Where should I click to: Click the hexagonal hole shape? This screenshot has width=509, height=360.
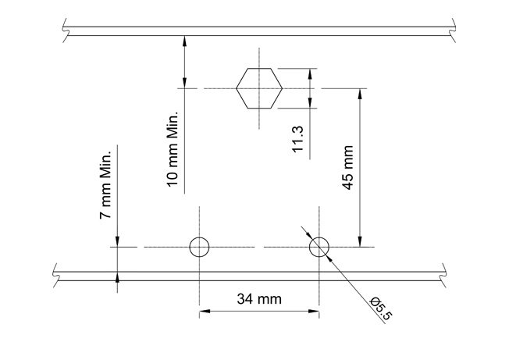coord(259,88)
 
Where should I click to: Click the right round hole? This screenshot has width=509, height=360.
coord(319,248)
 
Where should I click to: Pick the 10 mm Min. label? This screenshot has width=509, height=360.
coord(173,148)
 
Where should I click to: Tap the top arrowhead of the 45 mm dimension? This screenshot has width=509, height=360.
coord(361,93)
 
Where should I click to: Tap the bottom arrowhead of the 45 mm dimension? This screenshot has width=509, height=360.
coord(361,243)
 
